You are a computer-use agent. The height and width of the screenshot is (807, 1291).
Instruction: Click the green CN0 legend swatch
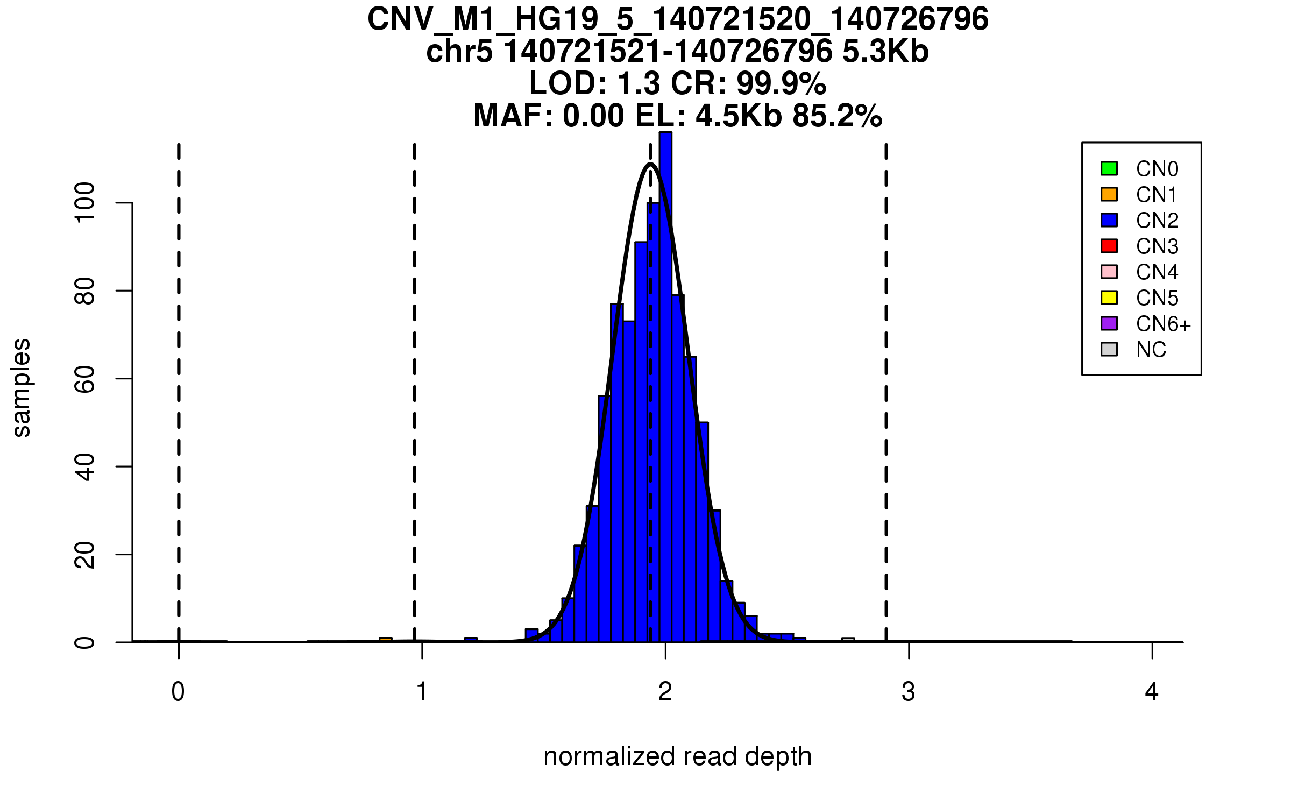tap(1109, 168)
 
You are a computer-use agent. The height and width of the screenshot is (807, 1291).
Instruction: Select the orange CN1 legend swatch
tap(1109, 194)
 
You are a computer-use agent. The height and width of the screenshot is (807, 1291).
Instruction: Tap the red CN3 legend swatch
tap(1109, 246)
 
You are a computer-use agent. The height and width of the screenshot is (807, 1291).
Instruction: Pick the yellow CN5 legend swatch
tap(1109, 298)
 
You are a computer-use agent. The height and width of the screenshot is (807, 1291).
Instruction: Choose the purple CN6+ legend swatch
tap(1109, 323)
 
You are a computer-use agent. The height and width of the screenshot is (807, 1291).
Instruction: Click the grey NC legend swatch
tap(1109, 349)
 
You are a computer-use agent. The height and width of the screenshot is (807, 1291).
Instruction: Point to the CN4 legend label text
tap(1157, 272)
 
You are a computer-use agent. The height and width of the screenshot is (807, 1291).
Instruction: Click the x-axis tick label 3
tap(909, 692)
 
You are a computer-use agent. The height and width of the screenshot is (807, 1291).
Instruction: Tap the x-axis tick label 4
tap(1152, 692)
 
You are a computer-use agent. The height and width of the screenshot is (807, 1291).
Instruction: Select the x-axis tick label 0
tap(178, 692)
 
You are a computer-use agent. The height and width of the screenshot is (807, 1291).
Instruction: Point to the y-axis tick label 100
tap(85, 202)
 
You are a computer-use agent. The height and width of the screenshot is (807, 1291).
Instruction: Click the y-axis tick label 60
tap(85, 379)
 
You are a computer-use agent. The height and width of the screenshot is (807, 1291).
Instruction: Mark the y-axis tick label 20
tap(85, 555)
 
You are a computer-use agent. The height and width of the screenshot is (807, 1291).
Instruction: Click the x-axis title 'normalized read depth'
tap(677, 756)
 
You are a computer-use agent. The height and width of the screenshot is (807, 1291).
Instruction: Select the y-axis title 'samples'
tap(22, 387)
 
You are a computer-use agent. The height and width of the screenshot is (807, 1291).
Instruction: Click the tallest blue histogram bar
tap(665, 387)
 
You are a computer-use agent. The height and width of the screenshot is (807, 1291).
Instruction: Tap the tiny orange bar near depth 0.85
tap(386, 640)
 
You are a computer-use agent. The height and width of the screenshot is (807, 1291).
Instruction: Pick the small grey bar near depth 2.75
tap(848, 640)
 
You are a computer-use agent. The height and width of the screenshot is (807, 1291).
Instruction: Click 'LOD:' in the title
tap(568, 83)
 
